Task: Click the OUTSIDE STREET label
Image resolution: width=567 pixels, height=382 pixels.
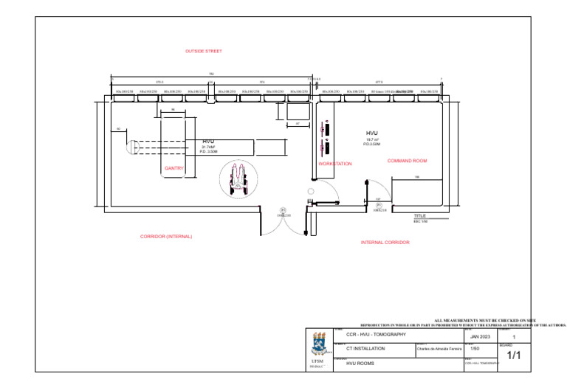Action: pyautogui.click(x=203, y=51)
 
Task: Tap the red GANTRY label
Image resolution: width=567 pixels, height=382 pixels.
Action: pyautogui.click(x=173, y=168)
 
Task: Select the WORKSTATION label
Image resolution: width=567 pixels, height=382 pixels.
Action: pyautogui.click(x=335, y=164)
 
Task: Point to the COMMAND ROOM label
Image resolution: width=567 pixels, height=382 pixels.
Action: pyautogui.click(x=407, y=160)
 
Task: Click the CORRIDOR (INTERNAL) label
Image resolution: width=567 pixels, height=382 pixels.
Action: pyautogui.click(x=166, y=237)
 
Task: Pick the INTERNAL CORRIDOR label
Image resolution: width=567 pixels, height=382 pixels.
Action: pyautogui.click(x=385, y=242)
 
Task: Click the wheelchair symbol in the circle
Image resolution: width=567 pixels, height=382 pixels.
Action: pyautogui.click(x=238, y=179)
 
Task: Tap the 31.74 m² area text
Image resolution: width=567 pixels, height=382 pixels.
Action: pyautogui.click(x=208, y=147)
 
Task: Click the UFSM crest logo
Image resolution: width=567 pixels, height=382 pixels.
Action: pyautogui.click(x=319, y=344)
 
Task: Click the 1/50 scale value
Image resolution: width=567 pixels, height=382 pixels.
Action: pyautogui.click(x=475, y=348)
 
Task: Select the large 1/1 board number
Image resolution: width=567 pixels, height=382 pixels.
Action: pyautogui.click(x=513, y=355)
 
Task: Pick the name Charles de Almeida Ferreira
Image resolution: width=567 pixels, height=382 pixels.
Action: pyautogui.click(x=439, y=350)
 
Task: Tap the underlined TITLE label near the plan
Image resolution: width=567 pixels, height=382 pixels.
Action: pyautogui.click(x=419, y=215)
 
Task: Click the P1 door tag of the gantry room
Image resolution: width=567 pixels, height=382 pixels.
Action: pyautogui.click(x=281, y=209)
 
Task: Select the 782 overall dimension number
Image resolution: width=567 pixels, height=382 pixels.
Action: pyautogui.click(x=211, y=74)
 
